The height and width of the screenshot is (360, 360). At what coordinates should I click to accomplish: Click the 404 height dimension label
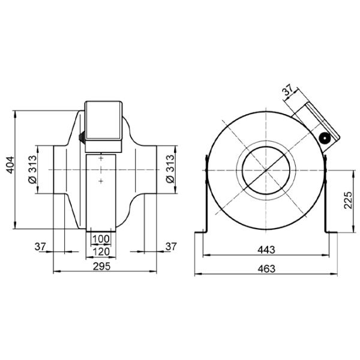click(10, 165)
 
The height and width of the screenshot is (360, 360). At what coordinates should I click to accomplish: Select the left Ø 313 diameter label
click(32, 169)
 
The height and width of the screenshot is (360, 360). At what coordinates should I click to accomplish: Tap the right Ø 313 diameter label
click(170, 169)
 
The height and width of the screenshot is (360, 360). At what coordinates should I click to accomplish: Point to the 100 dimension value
click(101, 239)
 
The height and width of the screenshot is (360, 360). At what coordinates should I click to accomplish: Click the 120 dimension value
click(101, 252)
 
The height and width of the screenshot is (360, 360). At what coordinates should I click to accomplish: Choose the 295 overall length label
click(102, 266)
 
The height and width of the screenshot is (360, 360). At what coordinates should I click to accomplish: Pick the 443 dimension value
click(266, 250)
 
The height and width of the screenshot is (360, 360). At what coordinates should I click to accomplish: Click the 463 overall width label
click(266, 269)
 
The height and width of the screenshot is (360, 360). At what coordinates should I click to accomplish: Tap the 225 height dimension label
click(348, 200)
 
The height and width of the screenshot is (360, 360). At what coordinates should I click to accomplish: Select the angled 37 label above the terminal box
click(287, 90)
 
